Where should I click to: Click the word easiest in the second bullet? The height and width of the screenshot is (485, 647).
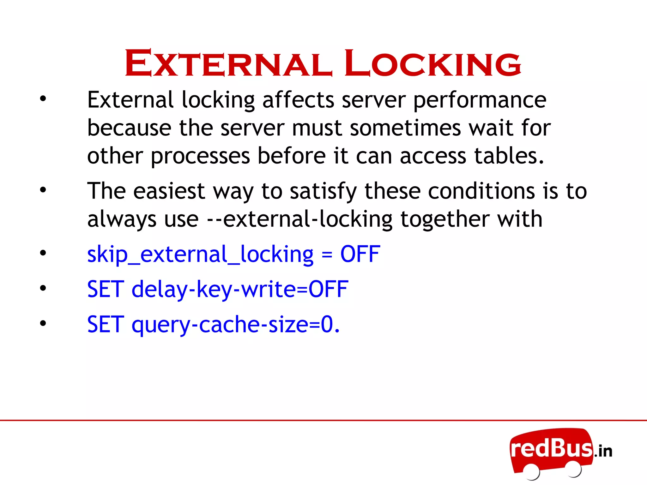169,191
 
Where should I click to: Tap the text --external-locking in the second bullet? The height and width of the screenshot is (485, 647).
299,219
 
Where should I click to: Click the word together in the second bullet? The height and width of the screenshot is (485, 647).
445,219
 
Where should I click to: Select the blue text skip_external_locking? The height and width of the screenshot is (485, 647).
200,254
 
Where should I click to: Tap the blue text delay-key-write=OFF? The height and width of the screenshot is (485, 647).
240,290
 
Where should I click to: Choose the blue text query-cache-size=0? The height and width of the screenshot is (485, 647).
236,325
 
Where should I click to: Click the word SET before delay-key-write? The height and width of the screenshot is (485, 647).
106,289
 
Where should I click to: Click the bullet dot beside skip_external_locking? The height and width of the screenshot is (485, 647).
43,253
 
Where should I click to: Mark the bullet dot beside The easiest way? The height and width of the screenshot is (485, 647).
43,190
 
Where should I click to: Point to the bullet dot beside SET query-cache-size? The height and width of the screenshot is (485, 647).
43,323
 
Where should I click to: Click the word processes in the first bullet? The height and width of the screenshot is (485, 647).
200,157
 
